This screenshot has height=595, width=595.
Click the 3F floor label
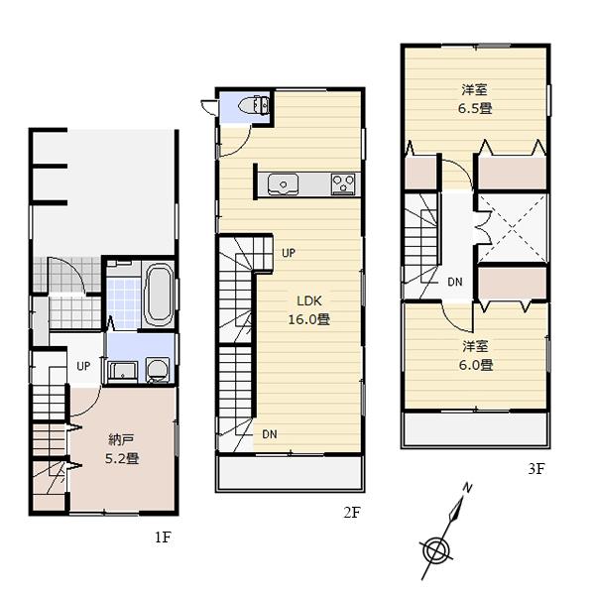pyautogui.click(x=535, y=469)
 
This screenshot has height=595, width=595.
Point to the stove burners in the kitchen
pyautogui.click(x=343, y=183)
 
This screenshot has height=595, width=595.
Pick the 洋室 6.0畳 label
pyautogui.click(x=476, y=355)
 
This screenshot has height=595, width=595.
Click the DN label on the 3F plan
pyautogui.click(x=454, y=283)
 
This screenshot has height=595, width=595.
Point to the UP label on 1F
pyautogui.click(x=84, y=366)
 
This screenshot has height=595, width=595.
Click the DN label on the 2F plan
pyautogui.click(x=270, y=433)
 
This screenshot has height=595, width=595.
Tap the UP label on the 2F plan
pyautogui.click(x=288, y=253)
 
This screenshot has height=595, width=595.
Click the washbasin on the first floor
pyautogui.click(x=122, y=372)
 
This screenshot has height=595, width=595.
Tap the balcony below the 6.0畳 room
pyautogui.click(x=475, y=429)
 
